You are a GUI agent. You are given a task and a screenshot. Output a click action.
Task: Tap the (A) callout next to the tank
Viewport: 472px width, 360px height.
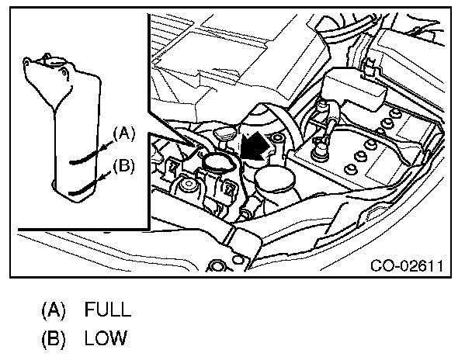[x=125, y=133]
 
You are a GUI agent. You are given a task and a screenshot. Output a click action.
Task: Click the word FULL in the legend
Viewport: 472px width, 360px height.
[x=108, y=310]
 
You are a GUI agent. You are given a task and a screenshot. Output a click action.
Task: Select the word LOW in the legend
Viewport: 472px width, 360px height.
[x=106, y=338]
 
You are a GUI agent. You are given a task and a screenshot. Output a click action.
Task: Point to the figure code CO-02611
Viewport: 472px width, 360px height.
[x=407, y=267]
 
